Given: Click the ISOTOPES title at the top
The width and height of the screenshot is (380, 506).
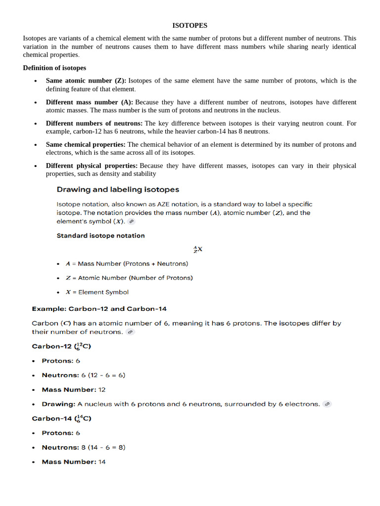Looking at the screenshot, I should (x=190, y=25).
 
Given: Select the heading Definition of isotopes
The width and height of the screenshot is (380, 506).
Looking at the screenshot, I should (x=54, y=68).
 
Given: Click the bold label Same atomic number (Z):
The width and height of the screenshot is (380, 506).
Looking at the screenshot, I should (x=86, y=81).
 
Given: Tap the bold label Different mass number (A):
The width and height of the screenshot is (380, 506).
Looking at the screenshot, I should (x=90, y=102).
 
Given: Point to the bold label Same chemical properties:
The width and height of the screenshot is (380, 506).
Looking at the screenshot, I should (x=86, y=145).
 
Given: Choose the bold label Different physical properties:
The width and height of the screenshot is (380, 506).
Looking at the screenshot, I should (x=92, y=166).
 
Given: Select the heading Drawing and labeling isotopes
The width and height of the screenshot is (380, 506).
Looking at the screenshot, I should (x=118, y=189).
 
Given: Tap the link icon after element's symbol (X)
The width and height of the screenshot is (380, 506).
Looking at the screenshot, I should (x=131, y=222).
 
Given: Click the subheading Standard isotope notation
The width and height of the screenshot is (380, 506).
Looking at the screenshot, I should (x=101, y=236).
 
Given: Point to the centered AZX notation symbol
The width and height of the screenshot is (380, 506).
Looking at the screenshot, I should (x=198, y=250).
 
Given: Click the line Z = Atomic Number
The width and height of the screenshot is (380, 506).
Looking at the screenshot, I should (x=129, y=278).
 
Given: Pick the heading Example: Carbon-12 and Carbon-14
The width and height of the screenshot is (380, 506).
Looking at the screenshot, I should (x=99, y=309).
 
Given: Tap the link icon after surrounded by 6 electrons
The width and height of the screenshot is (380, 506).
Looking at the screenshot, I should (x=327, y=404).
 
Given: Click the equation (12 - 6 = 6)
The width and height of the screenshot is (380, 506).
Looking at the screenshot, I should (x=106, y=375).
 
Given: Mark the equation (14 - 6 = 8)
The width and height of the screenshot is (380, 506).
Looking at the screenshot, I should (x=106, y=447).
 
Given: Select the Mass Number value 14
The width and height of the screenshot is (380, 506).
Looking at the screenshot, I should (x=102, y=462).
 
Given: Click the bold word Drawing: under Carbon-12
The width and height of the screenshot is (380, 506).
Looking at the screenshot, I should (x=58, y=404).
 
